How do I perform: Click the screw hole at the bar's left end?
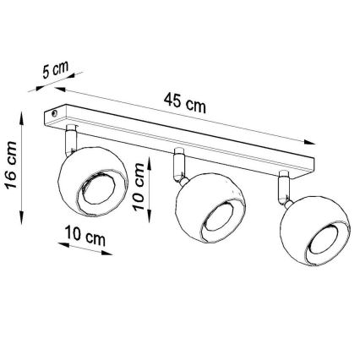coord(56,111)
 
